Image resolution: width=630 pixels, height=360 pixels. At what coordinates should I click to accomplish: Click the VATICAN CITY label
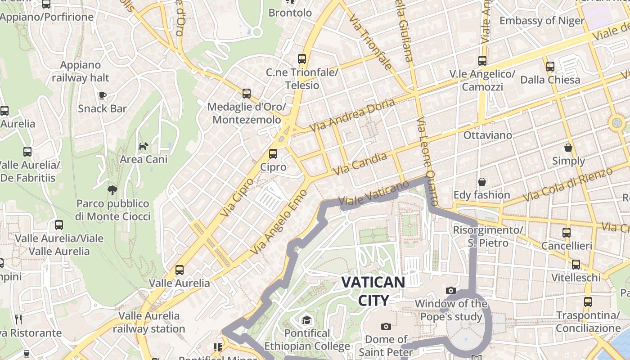pos(373,291)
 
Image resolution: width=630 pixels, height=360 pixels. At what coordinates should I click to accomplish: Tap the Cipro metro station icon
pos(273,154)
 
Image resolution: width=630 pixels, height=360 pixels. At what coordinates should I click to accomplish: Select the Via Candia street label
pos(360,164)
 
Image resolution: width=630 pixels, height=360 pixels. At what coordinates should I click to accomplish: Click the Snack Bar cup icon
pos(103,95)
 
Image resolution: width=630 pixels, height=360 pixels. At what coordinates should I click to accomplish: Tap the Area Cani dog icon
pos(143,146)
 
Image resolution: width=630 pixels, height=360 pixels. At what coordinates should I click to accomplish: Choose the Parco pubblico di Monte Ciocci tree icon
pos(112,190)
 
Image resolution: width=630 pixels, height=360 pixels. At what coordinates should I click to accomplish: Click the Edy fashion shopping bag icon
pos(482,182)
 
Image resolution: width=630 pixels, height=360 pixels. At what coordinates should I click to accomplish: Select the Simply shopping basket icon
pos(568,148)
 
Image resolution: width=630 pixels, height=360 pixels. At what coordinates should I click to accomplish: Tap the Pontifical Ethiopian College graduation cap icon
pos(306,320)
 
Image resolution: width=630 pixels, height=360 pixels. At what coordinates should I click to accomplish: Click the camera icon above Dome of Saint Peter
pos(386,326)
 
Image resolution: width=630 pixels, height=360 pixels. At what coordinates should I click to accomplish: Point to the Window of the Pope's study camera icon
pos(450,291)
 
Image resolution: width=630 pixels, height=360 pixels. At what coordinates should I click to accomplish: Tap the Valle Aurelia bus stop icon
pos(180,270)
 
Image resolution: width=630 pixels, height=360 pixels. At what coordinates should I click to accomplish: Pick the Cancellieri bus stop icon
pos(567,233)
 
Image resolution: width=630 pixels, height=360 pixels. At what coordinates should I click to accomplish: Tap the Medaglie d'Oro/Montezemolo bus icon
pos(247,94)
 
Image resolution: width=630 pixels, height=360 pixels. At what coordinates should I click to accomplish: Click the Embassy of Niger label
pos(542,21)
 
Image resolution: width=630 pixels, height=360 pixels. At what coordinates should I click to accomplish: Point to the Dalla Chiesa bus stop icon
pos(550,67)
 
